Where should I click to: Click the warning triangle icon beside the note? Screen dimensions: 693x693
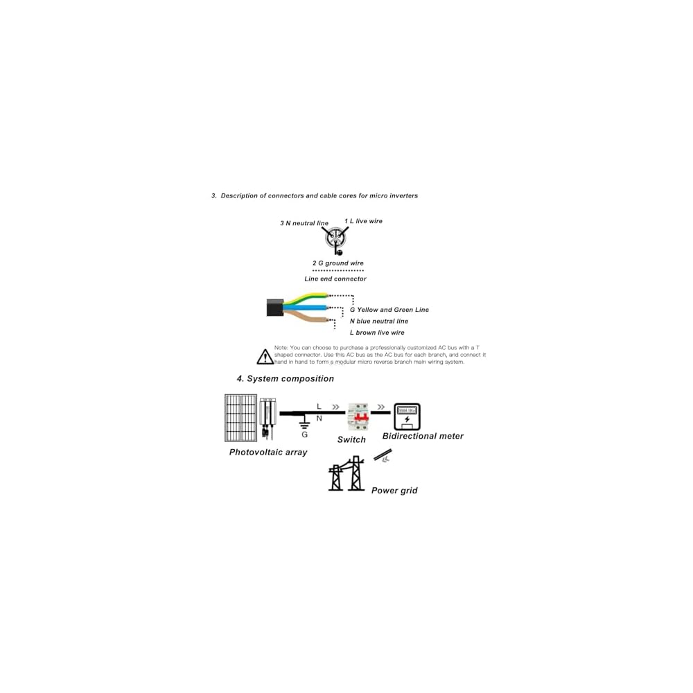click(265, 357)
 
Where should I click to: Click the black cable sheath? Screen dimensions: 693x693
click(274, 307)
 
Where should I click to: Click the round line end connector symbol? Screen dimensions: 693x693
click(335, 240)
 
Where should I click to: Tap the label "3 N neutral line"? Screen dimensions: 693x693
click(304, 223)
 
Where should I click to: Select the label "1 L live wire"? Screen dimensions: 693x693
click(363, 221)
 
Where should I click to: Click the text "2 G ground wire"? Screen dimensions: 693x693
click(337, 263)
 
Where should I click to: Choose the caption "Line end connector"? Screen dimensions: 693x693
click(335, 279)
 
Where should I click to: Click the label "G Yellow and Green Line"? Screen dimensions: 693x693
click(389, 310)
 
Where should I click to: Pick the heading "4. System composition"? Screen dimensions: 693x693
click(285, 379)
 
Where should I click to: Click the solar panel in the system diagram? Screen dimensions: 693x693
click(240, 418)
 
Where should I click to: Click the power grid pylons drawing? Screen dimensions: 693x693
click(346, 473)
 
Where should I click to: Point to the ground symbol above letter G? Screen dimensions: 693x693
click(304, 421)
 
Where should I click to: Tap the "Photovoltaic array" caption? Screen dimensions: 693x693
click(267, 453)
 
